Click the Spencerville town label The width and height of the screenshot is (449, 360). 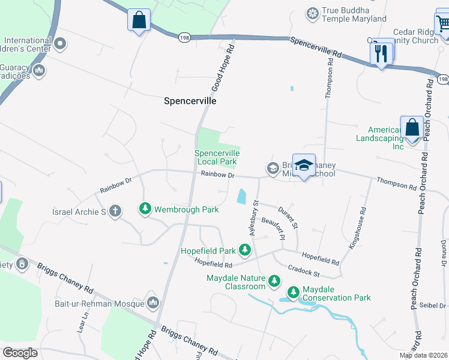190,101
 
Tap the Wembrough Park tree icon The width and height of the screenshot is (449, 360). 145,209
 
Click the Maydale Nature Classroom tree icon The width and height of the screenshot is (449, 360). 274,280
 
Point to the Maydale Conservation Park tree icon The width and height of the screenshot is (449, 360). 294,293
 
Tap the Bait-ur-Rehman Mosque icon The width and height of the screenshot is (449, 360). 152,302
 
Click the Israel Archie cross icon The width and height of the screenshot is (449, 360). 115,211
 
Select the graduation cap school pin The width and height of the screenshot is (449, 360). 304,166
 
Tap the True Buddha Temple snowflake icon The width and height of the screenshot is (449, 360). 312,13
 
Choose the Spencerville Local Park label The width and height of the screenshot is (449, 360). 217,157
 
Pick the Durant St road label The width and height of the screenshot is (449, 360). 289,217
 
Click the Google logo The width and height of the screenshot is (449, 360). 20,353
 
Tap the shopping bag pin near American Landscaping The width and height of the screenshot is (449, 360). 412,128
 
